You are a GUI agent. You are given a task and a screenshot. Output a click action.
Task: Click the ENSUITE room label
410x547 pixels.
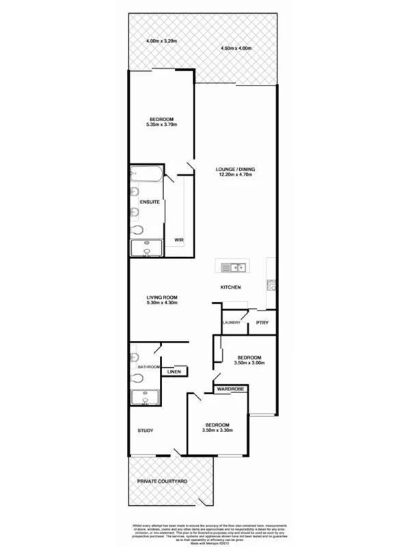click(149, 202)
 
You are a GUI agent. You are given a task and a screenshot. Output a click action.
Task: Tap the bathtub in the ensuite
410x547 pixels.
click(146, 175)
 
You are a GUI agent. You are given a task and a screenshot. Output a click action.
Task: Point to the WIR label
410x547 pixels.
click(178, 240)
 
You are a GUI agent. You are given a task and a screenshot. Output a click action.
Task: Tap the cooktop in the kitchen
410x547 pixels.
click(271, 287)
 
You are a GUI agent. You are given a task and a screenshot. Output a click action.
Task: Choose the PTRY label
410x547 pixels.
click(261, 323)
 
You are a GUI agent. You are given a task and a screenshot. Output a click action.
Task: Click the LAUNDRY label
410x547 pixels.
click(232, 323)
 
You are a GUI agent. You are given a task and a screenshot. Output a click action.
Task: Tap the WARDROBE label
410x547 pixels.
click(230, 389)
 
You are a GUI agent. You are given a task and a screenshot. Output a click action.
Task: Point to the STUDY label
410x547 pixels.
click(145, 431)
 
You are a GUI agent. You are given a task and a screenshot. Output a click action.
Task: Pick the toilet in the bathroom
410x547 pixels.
click(134, 357)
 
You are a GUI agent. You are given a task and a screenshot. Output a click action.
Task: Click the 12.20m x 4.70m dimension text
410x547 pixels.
click(236, 175)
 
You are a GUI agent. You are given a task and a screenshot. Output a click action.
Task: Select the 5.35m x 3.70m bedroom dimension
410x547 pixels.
click(162, 125)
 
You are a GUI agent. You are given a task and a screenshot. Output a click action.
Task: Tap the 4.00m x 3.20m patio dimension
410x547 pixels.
click(161, 42)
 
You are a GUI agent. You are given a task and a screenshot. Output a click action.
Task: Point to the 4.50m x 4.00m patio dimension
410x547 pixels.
click(236, 49)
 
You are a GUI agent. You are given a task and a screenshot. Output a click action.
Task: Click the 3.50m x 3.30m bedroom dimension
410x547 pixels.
click(218, 430)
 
